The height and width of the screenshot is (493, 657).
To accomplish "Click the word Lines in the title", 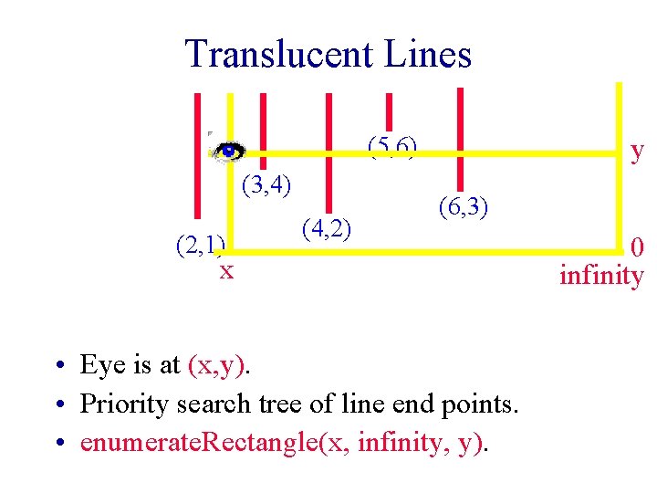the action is point(427,54).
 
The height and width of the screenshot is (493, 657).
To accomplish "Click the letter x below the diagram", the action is point(225,270).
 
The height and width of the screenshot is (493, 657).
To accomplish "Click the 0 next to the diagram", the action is point(637,247).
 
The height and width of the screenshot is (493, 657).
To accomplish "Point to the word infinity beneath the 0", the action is point(601,274).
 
